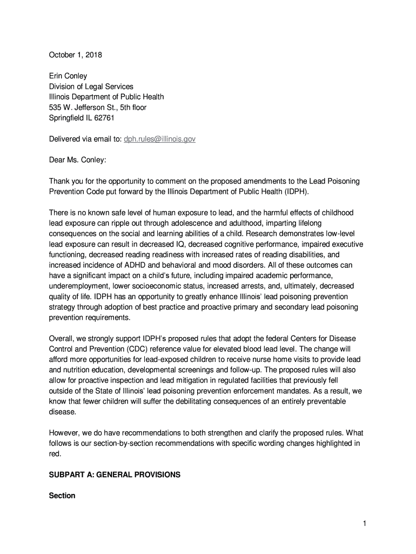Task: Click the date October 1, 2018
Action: coord(76,55)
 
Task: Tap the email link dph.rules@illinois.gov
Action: coord(159,139)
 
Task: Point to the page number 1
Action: coord(365,523)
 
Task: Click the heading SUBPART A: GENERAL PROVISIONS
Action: coord(115,474)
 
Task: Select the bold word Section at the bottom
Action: coord(62,496)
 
